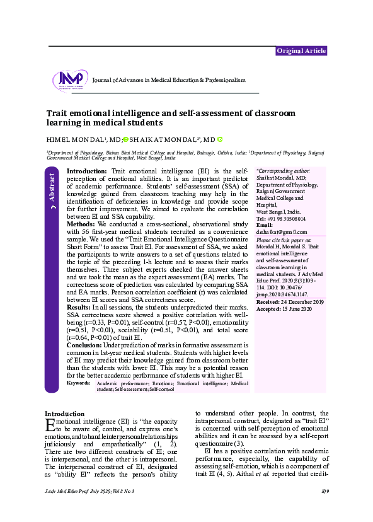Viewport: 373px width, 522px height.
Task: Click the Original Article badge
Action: point(301,51)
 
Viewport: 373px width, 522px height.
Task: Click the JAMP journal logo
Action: point(71,80)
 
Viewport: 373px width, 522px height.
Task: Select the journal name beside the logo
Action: point(168,81)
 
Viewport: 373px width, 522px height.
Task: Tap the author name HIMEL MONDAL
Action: point(69,139)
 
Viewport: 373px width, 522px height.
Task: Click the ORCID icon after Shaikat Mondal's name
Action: point(220,139)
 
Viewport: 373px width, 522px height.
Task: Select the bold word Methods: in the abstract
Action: point(81,224)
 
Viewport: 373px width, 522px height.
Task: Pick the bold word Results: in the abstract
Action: point(80,306)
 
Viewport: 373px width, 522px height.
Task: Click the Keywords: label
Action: point(78,383)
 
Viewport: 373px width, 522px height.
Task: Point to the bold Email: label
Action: point(265,225)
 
